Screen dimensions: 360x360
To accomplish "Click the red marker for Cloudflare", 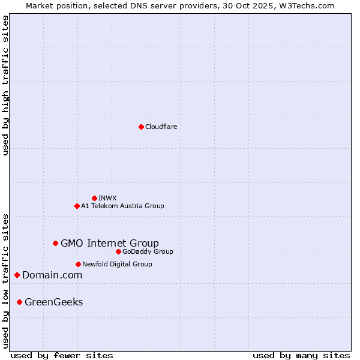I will coord(141,127).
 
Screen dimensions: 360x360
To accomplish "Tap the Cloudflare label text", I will coord(161,127).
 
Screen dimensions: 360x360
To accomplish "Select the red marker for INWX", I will coord(94,198).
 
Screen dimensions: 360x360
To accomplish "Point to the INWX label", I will coord(107,198).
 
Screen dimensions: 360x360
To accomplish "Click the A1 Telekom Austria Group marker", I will coord(77,206).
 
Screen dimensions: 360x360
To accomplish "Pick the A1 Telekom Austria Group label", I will coord(122,206).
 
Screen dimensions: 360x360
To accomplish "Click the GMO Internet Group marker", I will coord(55,243).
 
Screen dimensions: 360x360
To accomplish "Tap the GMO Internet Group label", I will coord(110,243).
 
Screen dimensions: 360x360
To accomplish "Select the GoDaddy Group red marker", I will coord(118,251).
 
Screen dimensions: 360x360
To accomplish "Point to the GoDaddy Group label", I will coord(148,251).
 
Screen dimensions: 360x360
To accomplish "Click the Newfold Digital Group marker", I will coord(78,264).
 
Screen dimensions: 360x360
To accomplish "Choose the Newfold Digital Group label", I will coord(117,264).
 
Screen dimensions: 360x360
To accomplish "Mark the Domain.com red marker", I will coord(17,275).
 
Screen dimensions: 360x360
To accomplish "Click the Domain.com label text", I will coord(52,275).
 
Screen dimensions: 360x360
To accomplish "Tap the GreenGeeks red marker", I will coord(19,302).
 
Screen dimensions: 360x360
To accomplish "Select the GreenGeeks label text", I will coord(54,302).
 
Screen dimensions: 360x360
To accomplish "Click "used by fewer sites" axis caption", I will coord(62,355).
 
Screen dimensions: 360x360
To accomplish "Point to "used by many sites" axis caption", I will coord(301,355).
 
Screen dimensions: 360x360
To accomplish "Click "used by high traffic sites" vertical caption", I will coord(5,85).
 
